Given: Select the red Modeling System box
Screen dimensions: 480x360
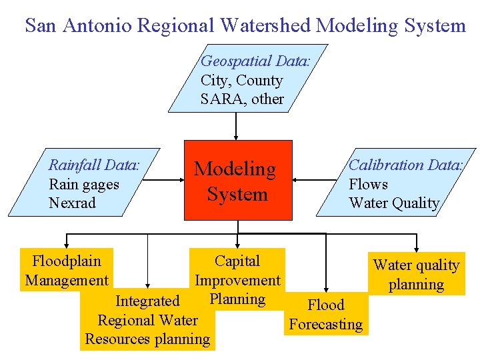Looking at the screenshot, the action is pyautogui.click(x=238, y=180).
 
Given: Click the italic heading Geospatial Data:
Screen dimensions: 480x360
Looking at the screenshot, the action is pyautogui.click(x=255, y=61).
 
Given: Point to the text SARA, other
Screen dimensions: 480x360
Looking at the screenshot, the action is pyautogui.click(x=242, y=99).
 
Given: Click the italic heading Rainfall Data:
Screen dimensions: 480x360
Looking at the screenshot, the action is pyautogui.click(x=94, y=165).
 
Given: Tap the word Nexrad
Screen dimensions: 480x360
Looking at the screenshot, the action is pyautogui.click(x=72, y=203).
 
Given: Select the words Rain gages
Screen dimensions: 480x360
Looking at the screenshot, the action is pyautogui.click(x=84, y=184).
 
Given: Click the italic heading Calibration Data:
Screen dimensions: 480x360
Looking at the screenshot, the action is pyautogui.click(x=405, y=165).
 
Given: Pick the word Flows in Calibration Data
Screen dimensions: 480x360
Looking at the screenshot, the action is pyautogui.click(x=368, y=184).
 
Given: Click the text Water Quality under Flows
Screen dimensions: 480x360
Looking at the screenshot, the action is pyautogui.click(x=394, y=203).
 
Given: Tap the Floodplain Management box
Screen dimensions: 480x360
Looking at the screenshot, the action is pyautogui.click(x=66, y=270).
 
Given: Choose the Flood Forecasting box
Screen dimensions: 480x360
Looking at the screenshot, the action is pyautogui.click(x=325, y=315).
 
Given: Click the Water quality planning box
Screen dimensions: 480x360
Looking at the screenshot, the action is pyautogui.click(x=416, y=275).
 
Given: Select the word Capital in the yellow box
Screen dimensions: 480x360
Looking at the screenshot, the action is pyautogui.click(x=237, y=261).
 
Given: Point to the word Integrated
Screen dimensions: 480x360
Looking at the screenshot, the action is pyautogui.click(x=147, y=301).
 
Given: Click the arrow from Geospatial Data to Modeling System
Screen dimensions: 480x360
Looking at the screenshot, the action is pyautogui.click(x=237, y=126).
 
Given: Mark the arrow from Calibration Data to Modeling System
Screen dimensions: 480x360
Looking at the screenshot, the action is pyautogui.click(x=313, y=179).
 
